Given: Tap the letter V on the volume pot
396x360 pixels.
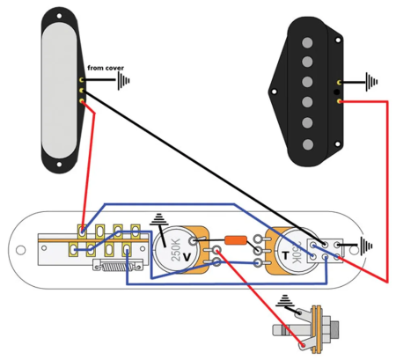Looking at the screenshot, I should click(187, 256).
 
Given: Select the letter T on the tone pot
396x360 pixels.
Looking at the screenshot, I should click(283, 255).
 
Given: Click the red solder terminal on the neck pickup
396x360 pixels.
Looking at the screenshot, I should click(83, 101).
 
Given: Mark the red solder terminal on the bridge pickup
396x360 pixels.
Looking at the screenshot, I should click(341, 101).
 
